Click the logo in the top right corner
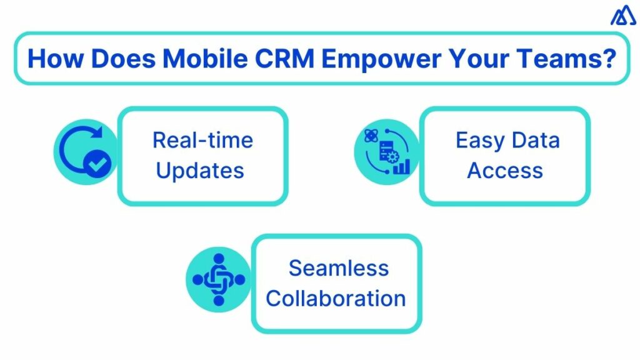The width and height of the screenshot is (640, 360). (622, 17)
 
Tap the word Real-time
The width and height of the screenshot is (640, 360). (202, 139)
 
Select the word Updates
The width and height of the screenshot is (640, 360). (200, 170)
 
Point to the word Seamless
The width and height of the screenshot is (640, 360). (338, 268)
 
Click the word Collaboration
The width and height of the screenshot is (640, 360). (336, 298)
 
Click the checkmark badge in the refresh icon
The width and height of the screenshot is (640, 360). (98, 164)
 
